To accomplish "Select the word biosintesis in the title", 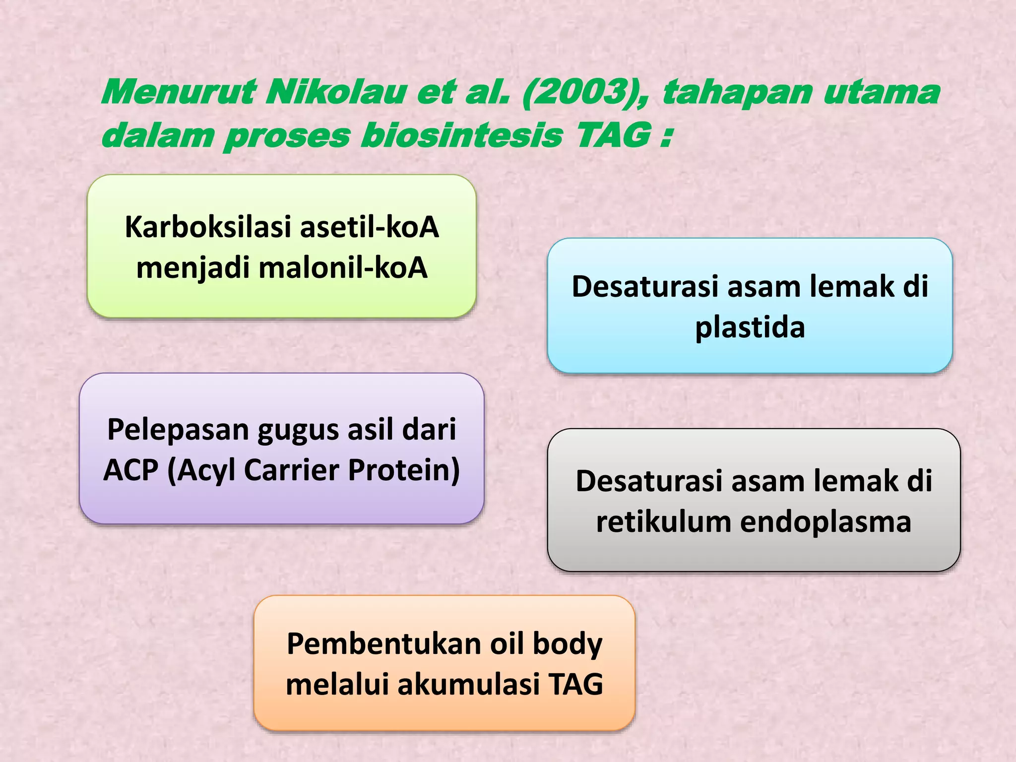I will [x=461, y=136].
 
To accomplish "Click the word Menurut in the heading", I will [x=179, y=92].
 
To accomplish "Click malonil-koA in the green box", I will [x=343, y=268].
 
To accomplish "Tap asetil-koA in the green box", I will [x=370, y=227].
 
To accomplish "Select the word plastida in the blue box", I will [x=750, y=328].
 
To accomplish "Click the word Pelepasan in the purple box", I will [x=178, y=430].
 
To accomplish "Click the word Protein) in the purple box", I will [x=404, y=470].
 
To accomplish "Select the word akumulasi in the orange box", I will [x=468, y=685].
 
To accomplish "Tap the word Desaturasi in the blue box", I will [x=645, y=287].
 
